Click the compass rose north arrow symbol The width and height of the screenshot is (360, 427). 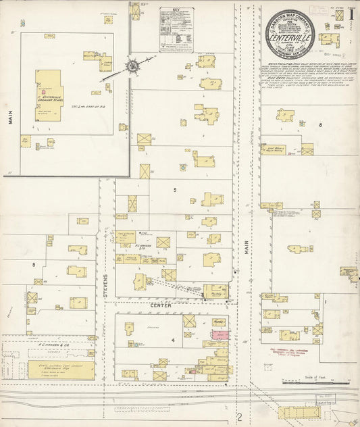point(133,67)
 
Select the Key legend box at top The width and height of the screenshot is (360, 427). point(176,30)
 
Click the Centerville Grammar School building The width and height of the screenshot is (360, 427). point(49,94)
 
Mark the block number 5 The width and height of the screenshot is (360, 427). point(174,190)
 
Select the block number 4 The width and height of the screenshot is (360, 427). point(173,340)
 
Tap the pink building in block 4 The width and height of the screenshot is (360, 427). point(221,334)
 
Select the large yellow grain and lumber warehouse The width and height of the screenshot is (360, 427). point(59,370)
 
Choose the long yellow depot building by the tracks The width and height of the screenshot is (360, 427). point(297,411)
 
